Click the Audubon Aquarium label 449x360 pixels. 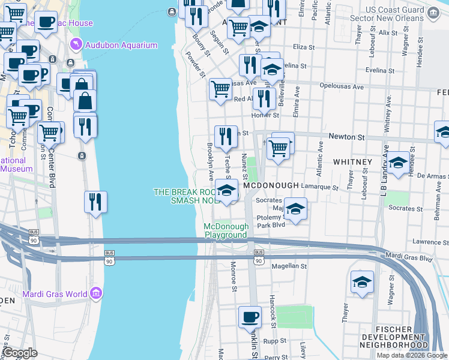pos(121,45)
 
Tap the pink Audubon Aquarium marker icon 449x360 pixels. pos(75,44)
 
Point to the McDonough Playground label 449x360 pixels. pos(226,230)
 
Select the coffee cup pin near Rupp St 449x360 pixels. pos(250,317)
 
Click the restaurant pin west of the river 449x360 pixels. pos(95,202)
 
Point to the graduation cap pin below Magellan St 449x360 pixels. pos(362,282)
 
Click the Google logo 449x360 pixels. pos(20,353)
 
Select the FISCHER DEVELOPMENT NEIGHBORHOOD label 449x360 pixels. pos(400,337)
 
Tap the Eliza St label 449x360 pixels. pos(304,47)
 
